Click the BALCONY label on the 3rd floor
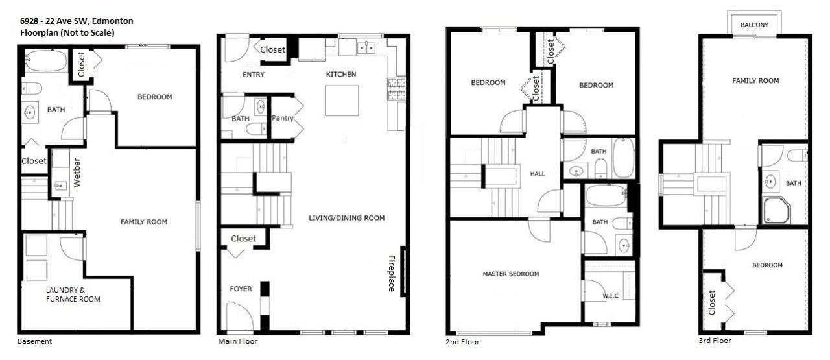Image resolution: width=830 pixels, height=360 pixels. (x=754, y=25)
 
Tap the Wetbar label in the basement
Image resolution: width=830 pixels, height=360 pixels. (x=77, y=173)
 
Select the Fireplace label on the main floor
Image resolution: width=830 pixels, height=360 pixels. (x=391, y=273)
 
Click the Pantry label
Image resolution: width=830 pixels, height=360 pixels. (x=282, y=118)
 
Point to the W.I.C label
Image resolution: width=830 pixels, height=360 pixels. (x=610, y=296)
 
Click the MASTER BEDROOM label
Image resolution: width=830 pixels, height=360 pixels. (x=510, y=274)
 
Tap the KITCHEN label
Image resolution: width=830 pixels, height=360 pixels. (x=341, y=74)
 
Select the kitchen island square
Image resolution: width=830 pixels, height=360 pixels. (x=342, y=101)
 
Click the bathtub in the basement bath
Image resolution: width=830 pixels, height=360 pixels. (x=46, y=61)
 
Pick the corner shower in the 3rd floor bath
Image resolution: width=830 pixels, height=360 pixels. (x=776, y=211)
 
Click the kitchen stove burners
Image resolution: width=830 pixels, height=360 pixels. (x=396, y=89)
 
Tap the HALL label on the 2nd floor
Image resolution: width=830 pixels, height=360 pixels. (x=538, y=174)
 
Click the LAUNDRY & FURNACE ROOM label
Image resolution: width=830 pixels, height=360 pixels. (x=73, y=294)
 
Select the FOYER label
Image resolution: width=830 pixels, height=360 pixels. (x=241, y=289)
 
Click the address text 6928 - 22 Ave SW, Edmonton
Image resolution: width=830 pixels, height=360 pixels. (x=77, y=21)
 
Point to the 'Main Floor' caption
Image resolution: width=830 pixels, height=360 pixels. (x=237, y=341)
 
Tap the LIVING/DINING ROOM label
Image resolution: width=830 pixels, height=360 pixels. (x=346, y=218)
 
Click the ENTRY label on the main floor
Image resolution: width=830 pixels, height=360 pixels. (x=254, y=75)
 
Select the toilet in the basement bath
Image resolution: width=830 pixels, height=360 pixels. (x=32, y=89)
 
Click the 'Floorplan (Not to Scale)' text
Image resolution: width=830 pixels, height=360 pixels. (x=67, y=32)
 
